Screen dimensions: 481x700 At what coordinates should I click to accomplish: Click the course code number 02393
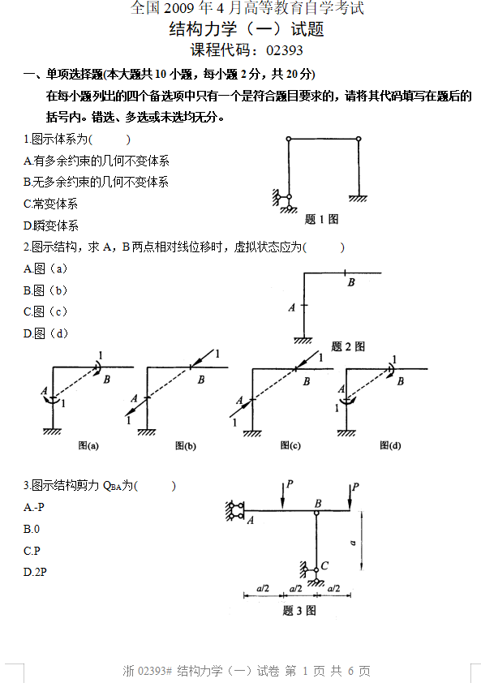[x=285, y=50]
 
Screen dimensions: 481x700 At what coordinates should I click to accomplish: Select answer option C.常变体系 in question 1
[x=50, y=204]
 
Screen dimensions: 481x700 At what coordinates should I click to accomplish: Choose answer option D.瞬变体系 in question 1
[x=51, y=225]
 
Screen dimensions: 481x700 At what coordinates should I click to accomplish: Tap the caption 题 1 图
[x=321, y=219]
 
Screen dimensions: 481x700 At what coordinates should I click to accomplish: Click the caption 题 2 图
[x=348, y=346]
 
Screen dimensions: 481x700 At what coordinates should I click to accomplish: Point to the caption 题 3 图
[x=299, y=610]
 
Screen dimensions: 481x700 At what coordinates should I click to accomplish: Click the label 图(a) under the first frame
[x=88, y=445]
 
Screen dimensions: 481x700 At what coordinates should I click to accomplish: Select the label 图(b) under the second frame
[x=186, y=445]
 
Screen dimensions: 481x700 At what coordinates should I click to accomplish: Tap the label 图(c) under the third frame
[x=290, y=445]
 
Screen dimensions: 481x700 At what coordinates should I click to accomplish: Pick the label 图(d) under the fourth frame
[x=390, y=445]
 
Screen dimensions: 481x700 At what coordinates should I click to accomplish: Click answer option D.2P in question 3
[x=35, y=572]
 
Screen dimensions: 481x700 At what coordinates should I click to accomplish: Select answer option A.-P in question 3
[x=34, y=507]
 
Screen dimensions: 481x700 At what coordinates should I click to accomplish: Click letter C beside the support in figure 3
[x=324, y=565]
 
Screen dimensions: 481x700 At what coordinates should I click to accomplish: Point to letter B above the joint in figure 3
[x=318, y=504]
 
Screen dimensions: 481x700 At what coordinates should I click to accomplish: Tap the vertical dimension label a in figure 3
[x=353, y=543]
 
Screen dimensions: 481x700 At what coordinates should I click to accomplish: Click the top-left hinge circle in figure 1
[x=289, y=140]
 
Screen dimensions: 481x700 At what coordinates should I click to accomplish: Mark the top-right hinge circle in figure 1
[x=359, y=140]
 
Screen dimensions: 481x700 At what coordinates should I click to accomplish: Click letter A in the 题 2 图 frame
[x=292, y=307]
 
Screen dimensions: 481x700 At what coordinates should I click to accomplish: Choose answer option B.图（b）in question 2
[x=45, y=290]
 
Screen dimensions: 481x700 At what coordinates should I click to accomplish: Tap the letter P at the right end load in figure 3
[x=355, y=487]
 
